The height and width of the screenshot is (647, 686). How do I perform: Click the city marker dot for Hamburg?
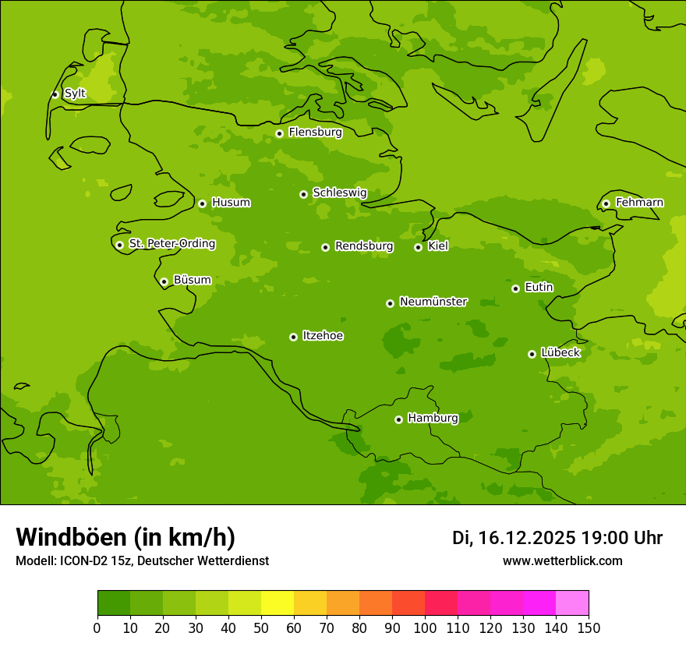pos(398,419)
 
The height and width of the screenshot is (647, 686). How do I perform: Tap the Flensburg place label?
pos(315,133)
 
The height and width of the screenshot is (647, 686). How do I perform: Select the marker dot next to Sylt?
pos(55,94)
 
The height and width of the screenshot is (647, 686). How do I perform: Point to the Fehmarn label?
pos(639,203)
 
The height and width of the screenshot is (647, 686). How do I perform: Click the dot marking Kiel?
pos(418,247)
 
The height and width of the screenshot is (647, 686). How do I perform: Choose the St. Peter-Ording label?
pos(172,244)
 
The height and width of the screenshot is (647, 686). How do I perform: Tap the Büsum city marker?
pos(164,281)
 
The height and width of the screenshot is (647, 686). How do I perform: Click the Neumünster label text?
pos(433,302)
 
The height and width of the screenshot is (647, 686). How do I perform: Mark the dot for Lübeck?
pos(532,354)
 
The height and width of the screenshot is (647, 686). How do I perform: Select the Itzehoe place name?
pos(323,336)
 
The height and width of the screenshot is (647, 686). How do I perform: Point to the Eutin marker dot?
pos(515,288)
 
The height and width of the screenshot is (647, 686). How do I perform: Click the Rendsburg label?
pos(364,246)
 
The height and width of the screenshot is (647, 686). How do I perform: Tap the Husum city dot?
pos(202,203)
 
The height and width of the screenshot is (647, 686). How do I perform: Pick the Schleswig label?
pos(340,193)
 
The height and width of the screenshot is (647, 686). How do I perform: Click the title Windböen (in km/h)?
pos(126,537)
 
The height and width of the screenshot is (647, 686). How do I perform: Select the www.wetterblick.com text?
pos(563,561)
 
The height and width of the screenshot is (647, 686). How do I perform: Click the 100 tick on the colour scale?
pos(425,628)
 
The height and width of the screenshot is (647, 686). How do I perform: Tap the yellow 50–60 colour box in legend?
pos(278,603)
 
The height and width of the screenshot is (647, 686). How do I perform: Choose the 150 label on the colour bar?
pos(589,628)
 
